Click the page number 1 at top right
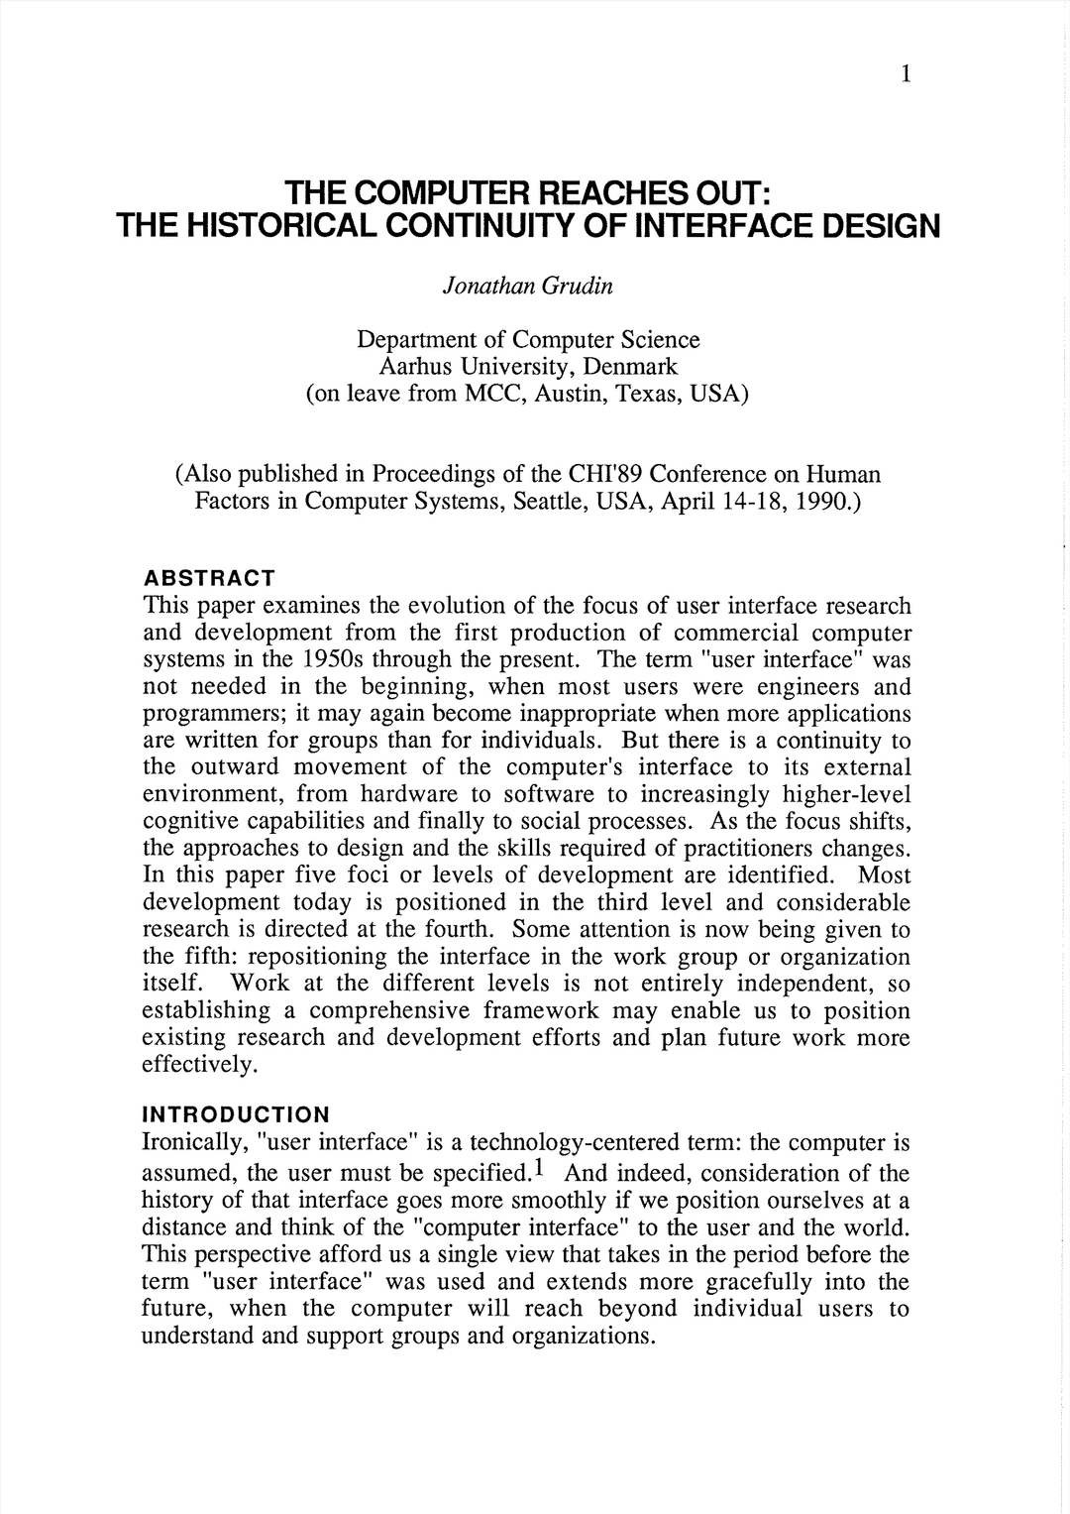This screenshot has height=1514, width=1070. (x=906, y=74)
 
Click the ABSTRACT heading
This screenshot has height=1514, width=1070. (x=209, y=577)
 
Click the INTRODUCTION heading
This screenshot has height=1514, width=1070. (x=236, y=1114)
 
